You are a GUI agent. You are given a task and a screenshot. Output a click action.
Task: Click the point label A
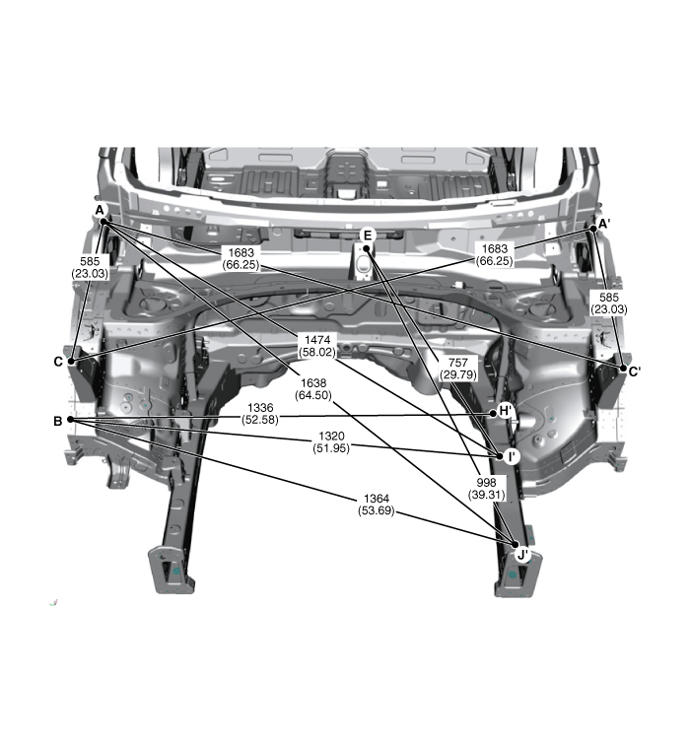pyautogui.click(x=100, y=210)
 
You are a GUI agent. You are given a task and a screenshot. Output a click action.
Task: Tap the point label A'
pyautogui.click(x=604, y=224)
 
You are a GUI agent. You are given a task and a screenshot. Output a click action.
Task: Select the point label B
pyautogui.click(x=58, y=421)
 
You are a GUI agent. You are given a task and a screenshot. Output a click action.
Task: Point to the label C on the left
pyautogui.click(x=58, y=362)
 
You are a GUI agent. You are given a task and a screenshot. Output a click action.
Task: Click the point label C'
pyautogui.click(x=635, y=371)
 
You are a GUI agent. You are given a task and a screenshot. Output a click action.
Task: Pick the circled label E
pyautogui.click(x=368, y=236)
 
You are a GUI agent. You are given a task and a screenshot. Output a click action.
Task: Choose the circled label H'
pyautogui.click(x=506, y=410)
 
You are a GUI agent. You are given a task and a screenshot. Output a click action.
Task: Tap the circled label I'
pyautogui.click(x=512, y=456)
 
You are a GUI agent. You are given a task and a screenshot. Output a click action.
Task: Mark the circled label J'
pyautogui.click(x=522, y=555)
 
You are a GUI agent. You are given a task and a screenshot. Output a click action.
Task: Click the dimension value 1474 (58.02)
pyautogui.click(x=317, y=346)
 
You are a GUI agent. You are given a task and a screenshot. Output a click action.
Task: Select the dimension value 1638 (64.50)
pyautogui.click(x=313, y=389)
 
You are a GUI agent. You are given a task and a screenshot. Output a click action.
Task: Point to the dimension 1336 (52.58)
pyautogui.click(x=260, y=414)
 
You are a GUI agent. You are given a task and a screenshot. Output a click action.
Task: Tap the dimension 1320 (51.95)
pyautogui.click(x=331, y=442)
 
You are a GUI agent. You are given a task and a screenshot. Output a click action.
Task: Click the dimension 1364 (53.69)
pyautogui.click(x=377, y=505)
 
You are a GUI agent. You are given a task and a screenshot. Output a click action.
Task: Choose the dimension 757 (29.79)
pyautogui.click(x=458, y=369)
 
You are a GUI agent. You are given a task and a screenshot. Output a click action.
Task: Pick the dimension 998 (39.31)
pyautogui.click(x=487, y=489)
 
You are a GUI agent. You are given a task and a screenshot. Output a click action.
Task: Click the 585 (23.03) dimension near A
pyautogui.click(x=90, y=267)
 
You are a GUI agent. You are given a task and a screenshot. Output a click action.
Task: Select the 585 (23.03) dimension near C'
pyautogui.click(x=609, y=304)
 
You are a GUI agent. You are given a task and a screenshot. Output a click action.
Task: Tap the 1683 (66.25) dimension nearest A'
pyautogui.click(x=495, y=254)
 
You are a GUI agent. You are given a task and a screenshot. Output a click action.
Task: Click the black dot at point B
pyautogui.click(x=71, y=419)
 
